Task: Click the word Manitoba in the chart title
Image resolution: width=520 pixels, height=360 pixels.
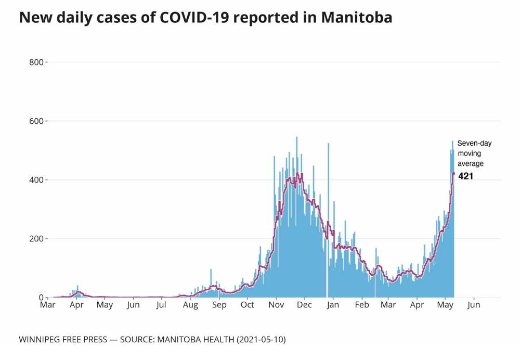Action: [x=356, y=18]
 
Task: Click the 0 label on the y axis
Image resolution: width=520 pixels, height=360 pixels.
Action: [x=42, y=298]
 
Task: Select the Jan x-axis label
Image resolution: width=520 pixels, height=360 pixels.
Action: [x=333, y=305]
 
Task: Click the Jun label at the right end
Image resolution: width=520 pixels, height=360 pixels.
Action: [x=474, y=305]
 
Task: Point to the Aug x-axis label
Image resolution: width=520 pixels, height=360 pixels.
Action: [x=190, y=305]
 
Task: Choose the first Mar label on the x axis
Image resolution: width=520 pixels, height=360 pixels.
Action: [x=48, y=305]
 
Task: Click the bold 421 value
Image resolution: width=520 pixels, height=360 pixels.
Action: [x=465, y=176]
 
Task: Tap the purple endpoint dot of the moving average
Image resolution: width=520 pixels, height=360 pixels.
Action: [x=453, y=174]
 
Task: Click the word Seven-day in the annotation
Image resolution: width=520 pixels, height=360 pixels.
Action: [x=474, y=143]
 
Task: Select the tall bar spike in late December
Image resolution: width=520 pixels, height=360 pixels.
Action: [x=328, y=208]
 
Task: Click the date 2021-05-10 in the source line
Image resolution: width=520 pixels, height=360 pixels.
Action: [x=261, y=340]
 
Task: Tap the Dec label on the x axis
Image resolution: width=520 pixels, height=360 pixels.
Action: [x=305, y=305]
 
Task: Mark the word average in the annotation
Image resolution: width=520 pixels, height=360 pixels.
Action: [x=470, y=164]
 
